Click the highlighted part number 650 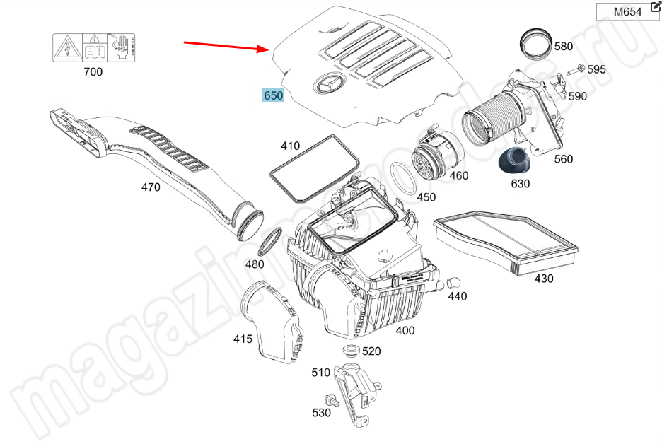coord(273,95)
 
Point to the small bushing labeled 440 coord(448,284)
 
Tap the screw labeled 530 coord(331,399)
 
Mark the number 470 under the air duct coord(151,187)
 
